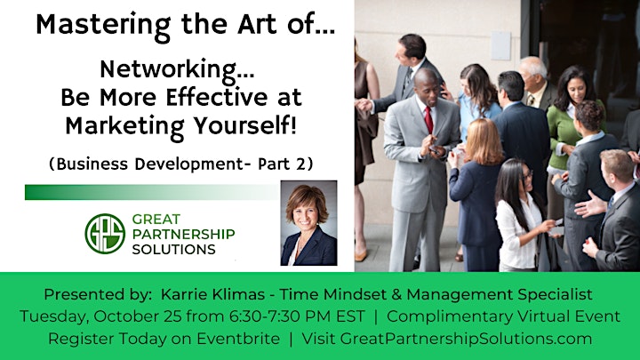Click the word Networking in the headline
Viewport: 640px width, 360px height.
point(169,70)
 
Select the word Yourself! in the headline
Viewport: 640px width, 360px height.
point(244,125)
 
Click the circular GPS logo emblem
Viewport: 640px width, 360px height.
point(105,234)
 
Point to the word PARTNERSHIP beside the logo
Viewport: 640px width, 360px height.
point(184,234)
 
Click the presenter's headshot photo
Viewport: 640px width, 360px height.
point(308,223)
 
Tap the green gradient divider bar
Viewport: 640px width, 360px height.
point(152,192)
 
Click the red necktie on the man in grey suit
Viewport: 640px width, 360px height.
point(428,120)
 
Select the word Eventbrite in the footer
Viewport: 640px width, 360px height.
point(238,339)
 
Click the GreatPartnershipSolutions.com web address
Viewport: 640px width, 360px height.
point(466,339)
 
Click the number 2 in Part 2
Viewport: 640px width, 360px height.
point(300,164)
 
